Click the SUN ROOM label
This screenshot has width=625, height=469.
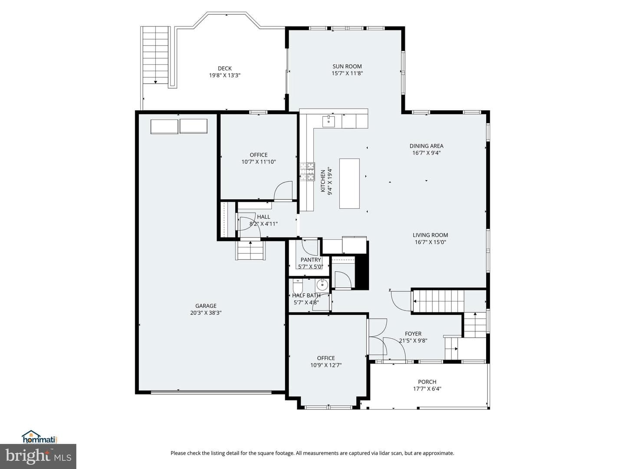point(347,66)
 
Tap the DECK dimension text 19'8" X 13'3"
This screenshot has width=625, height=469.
point(225,76)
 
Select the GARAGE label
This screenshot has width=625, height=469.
point(206,306)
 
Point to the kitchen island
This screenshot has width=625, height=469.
point(349,184)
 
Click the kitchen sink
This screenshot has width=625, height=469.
point(329,121)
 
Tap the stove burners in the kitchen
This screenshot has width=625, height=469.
point(307,172)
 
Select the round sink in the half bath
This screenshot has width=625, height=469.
point(322,284)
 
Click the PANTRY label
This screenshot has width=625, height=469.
point(311,260)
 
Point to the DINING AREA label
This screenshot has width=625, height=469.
point(426,146)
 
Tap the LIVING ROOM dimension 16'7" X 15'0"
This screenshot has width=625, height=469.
point(430,242)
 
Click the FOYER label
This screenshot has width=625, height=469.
point(413,334)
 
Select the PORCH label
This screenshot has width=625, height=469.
point(427,382)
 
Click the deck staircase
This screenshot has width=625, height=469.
point(156,55)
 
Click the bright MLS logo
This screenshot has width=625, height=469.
point(38,456)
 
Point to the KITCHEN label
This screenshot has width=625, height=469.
point(323,181)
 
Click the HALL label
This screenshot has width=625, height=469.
point(263,217)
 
